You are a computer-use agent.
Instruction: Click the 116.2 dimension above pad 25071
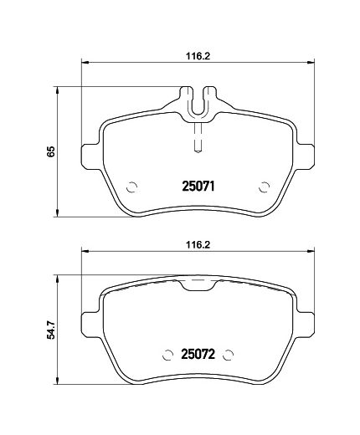tap(198, 56)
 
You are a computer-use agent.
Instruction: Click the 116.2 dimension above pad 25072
tap(198, 245)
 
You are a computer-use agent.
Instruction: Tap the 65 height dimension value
tap(51, 151)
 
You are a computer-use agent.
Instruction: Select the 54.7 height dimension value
tap(51, 330)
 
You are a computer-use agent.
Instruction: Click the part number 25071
tap(198, 187)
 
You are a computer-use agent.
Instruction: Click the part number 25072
tap(198, 354)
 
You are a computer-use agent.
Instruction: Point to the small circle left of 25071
tap(131, 187)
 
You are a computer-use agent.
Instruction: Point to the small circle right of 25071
tap(264, 187)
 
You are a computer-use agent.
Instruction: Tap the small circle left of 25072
tap(167, 355)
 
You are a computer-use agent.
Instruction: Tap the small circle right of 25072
tap(228, 355)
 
